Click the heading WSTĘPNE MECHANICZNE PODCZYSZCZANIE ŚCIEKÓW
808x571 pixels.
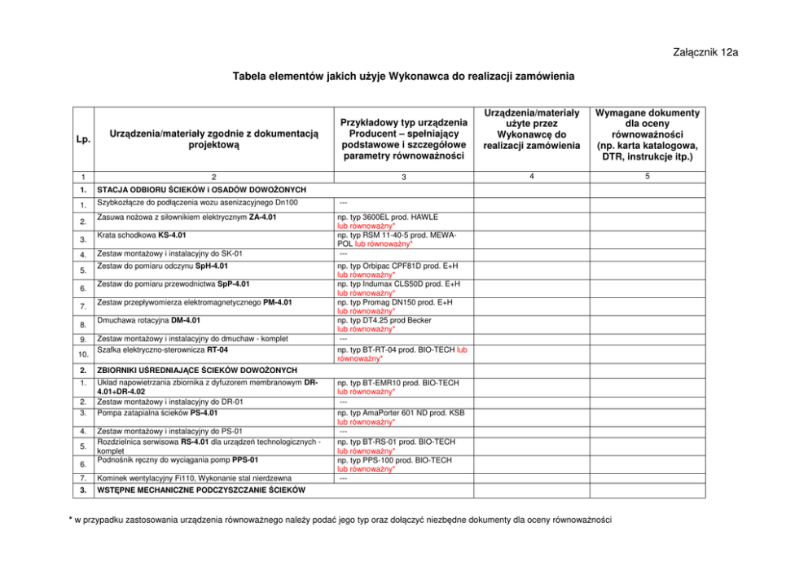pos(200,490)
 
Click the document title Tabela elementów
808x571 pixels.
pos(403,77)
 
